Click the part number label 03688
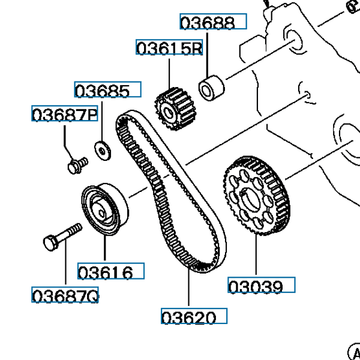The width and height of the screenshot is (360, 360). [213, 22]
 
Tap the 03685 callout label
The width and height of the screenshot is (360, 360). [107, 91]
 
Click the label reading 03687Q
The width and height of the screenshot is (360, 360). [65, 296]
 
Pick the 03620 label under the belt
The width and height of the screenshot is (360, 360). [194, 316]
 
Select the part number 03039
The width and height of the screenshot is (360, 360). [262, 286]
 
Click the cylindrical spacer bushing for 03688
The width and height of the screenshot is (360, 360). [211, 88]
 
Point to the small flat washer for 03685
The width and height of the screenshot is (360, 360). [103, 148]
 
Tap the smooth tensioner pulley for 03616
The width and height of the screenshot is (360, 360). [103, 209]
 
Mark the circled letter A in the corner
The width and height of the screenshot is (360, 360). [353, 352]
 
